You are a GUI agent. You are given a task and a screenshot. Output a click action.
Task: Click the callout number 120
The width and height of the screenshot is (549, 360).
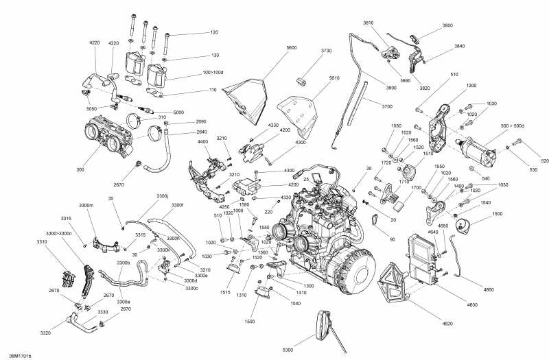point(214,32)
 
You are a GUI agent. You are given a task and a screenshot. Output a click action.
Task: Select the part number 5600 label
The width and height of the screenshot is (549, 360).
point(292,47)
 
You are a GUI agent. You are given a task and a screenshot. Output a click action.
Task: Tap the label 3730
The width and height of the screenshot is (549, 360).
point(325,51)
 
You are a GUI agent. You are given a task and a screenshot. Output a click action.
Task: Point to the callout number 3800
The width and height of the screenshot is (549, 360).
point(447,25)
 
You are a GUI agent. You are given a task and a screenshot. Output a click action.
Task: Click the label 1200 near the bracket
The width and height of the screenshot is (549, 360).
point(471,86)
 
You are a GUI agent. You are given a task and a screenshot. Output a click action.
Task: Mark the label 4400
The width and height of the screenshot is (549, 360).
point(202,141)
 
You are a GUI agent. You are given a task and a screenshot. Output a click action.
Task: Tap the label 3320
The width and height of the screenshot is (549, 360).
point(45,333)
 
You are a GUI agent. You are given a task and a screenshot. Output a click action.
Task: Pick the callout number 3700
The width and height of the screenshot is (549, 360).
point(387,106)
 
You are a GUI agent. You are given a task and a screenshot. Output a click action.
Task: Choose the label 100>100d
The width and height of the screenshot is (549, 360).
point(213,71)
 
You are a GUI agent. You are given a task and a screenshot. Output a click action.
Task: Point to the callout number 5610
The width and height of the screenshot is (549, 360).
point(334,78)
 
